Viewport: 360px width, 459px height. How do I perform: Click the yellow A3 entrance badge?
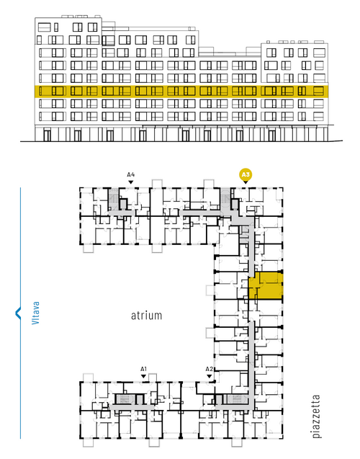(246, 175)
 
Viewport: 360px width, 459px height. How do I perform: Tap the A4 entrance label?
(131, 175)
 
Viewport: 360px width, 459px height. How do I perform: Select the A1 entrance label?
(143, 369)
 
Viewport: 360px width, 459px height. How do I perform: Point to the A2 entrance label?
(209, 369)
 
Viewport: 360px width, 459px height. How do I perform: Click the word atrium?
(146, 316)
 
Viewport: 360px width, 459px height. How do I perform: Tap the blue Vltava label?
(35, 313)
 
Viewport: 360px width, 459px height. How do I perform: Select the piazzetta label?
(316, 416)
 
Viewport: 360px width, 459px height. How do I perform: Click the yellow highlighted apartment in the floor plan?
(266, 285)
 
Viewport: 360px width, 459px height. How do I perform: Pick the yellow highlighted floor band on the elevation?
(181, 92)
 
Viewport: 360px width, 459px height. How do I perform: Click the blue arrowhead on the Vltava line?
(18, 313)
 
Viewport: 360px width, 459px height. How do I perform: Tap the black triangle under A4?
(131, 182)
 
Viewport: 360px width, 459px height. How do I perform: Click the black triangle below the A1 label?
(143, 376)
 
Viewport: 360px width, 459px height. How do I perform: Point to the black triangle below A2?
(209, 376)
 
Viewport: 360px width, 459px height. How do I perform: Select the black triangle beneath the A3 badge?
(246, 182)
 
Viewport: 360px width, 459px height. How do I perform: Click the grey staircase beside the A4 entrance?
(113, 199)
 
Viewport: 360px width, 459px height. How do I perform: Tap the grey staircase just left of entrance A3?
(225, 199)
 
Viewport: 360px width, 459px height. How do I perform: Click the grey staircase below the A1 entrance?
(125, 398)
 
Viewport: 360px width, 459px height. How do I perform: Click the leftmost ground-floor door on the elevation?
(47, 135)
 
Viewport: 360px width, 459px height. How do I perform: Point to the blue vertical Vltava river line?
(20, 313)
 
